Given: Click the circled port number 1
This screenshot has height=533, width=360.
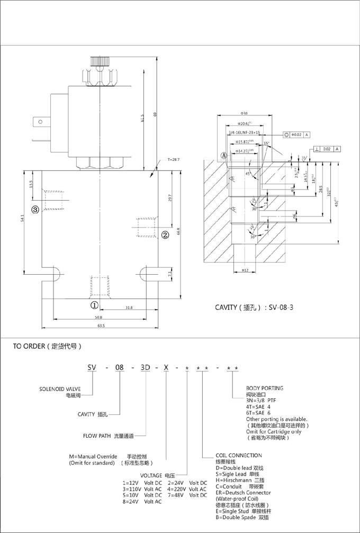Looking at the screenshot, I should [x=94, y=305].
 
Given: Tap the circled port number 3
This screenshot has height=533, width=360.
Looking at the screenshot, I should [x=35, y=210].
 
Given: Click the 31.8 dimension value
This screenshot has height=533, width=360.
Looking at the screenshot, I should [x=129, y=308].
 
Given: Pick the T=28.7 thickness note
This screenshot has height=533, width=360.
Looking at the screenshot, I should [x=174, y=159].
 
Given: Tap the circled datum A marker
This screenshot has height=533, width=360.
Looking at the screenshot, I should [x=223, y=156].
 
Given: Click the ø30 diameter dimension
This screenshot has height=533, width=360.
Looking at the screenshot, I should [x=244, y=113].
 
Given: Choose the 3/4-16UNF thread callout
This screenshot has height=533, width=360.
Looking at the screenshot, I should [x=244, y=132].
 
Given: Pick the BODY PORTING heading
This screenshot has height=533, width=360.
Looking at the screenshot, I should [x=265, y=388].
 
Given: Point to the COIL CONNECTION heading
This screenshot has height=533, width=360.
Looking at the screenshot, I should [x=238, y=455].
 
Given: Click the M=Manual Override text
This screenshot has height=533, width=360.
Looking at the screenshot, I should [x=93, y=456].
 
